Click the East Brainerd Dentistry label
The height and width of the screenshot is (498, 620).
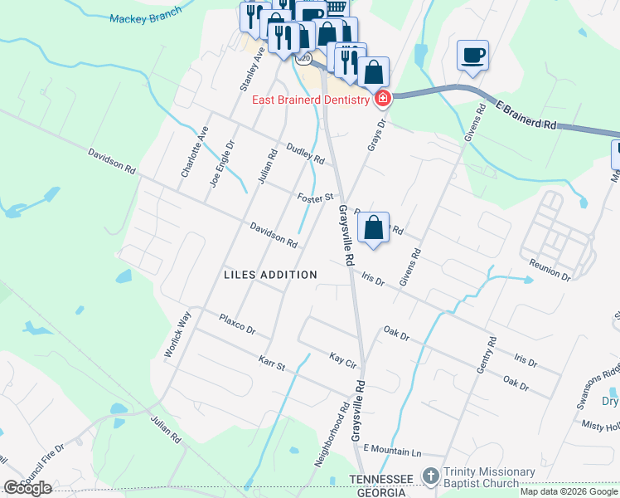click(310, 100)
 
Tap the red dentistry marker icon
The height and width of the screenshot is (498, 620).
click(382, 100)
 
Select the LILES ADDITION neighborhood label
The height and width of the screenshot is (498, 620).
click(270, 275)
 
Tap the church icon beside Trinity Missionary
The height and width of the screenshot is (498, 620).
click(429, 476)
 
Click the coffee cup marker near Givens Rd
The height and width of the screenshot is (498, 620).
click(472, 56)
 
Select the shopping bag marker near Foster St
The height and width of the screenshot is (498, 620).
click(374, 228)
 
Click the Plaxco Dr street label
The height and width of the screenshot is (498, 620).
click(237, 324)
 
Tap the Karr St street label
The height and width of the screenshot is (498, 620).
click(271, 364)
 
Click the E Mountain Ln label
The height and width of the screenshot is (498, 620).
click(392, 450)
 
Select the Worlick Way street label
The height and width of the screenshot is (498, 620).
click(177, 334)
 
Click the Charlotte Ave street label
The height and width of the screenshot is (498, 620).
click(195, 152)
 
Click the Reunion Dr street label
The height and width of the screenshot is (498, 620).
click(550, 269)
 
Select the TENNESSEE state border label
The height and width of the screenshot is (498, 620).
click(380, 480)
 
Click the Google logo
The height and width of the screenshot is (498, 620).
click(27, 488)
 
